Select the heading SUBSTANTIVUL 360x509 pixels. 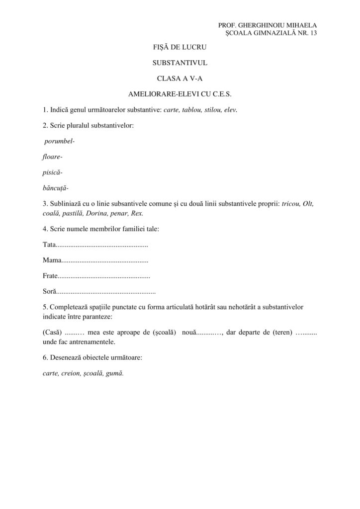point(180,63)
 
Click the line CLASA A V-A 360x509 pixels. point(180,78)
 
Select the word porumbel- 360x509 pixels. point(59,141)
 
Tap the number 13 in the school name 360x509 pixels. point(313,33)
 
